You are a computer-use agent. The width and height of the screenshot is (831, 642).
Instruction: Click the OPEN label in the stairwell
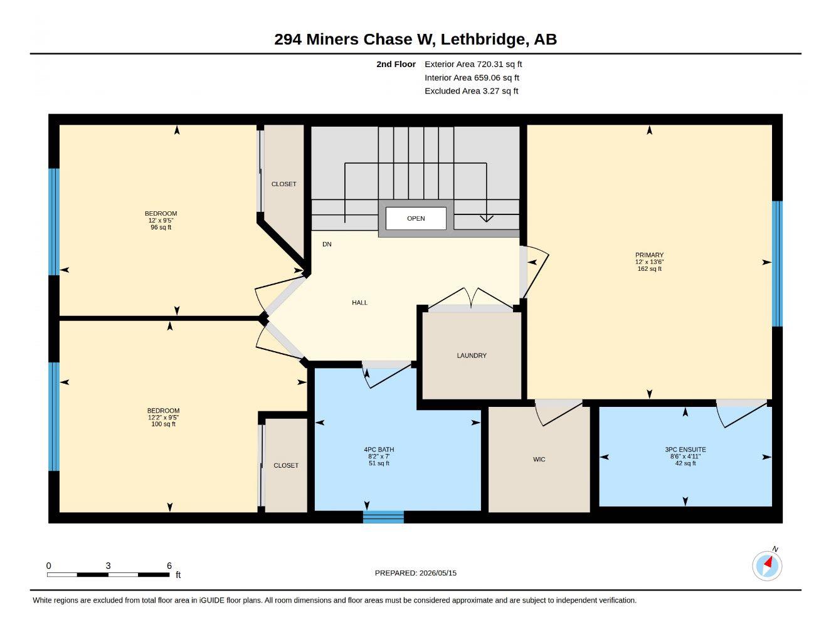tap(416, 218)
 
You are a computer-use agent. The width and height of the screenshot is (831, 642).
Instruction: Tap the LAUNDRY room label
tap(472, 355)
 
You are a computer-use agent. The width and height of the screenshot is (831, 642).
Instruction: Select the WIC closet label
tap(539, 460)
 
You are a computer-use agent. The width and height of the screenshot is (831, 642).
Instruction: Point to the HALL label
tap(359, 303)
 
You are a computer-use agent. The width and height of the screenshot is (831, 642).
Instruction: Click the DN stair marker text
tap(327, 244)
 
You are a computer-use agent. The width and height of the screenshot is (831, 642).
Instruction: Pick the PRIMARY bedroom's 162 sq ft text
tap(649, 268)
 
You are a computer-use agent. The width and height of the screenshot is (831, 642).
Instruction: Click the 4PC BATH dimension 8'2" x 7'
tap(379, 456)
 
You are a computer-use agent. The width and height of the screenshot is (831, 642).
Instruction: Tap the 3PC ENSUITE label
tap(685, 450)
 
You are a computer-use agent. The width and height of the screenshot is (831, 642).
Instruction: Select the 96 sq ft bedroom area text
tap(161, 227)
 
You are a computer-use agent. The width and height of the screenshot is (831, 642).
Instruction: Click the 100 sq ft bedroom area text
tap(163, 424)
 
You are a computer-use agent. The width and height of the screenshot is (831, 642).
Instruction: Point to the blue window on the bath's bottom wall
tap(383, 517)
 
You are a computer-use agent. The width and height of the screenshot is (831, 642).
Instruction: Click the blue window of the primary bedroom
tap(777, 264)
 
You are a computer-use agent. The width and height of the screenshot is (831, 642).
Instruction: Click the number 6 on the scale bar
tap(169, 566)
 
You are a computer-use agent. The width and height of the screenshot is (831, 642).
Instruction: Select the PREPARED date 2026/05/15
tap(438, 573)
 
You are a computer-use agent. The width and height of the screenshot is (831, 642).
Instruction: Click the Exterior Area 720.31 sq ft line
tap(473, 64)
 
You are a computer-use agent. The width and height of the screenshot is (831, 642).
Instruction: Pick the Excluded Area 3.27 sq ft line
tap(471, 91)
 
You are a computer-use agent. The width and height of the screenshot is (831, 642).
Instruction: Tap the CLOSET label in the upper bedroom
tap(283, 184)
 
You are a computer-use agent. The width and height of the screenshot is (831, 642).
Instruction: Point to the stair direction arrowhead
tap(487, 219)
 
